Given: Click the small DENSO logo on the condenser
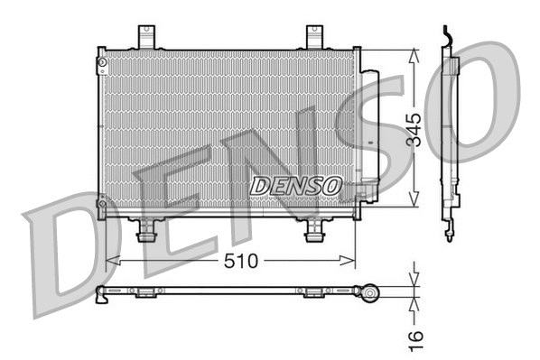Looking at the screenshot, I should pos(295,186).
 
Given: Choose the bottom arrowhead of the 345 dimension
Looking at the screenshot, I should pos(414,203).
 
